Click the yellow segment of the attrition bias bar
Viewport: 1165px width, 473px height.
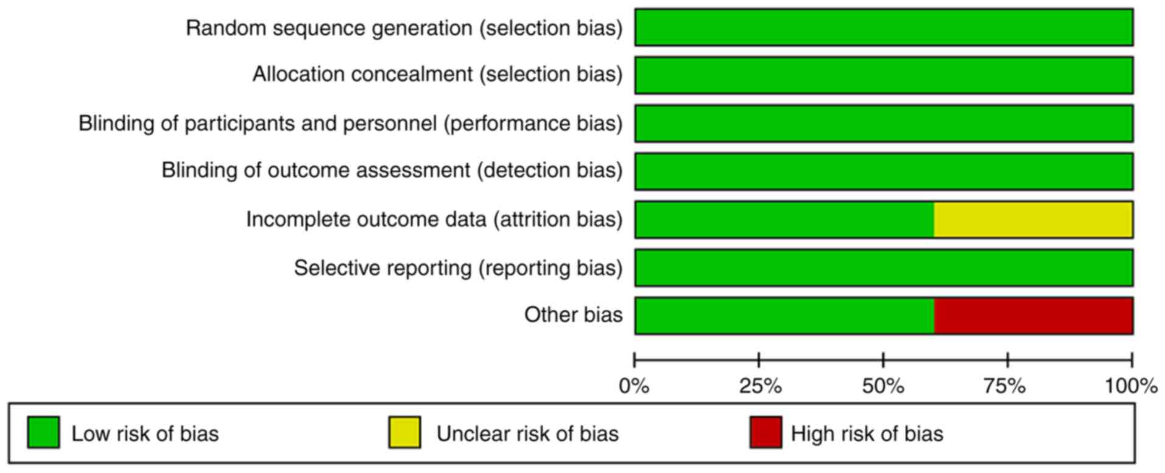point(1033,219)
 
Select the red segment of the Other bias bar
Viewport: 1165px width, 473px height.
point(1033,316)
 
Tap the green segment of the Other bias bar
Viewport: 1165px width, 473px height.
point(784,316)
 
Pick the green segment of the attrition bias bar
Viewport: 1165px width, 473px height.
point(784,219)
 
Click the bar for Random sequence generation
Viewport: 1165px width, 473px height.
point(884,27)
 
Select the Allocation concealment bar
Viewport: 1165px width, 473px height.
point(884,75)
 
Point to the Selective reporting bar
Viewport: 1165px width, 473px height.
point(884,268)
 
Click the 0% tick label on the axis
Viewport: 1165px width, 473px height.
point(634,386)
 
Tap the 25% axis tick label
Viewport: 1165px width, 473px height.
point(760,386)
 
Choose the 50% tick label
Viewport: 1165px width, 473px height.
point(883,386)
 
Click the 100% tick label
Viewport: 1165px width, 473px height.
point(1132,386)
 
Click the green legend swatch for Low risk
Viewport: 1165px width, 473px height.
point(43,433)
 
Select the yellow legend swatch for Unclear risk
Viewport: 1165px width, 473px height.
point(404,433)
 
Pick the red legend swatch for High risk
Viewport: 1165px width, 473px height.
point(766,433)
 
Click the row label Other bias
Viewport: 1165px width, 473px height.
point(574,315)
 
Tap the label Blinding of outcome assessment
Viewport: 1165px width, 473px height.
point(316,170)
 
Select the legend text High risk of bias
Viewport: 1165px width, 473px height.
point(867,433)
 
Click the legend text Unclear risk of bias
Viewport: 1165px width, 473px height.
point(527,433)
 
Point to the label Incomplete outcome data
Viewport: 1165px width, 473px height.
point(366,219)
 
